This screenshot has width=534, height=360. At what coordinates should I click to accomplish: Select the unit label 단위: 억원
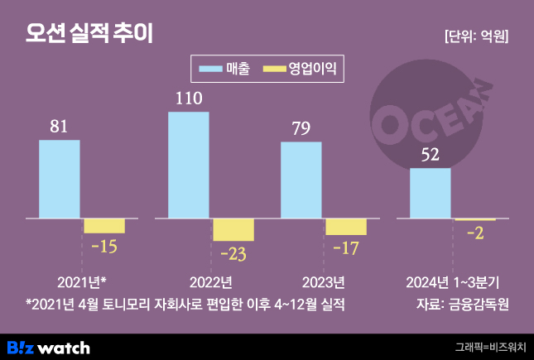tap(477, 36)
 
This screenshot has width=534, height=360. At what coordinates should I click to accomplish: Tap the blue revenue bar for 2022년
tap(189, 166)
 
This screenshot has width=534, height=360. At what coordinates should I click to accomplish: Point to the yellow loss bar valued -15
tap(104, 226)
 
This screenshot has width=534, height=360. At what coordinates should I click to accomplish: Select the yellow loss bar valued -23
tap(233, 230)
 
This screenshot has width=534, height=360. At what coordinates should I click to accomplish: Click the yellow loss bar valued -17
tap(346, 227)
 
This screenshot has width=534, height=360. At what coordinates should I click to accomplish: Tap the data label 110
tap(189, 98)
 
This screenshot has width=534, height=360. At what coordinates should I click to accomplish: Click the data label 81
tap(59, 127)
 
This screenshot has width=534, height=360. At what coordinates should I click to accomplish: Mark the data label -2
tap(475, 234)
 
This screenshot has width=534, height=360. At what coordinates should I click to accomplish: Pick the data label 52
tap(431, 155)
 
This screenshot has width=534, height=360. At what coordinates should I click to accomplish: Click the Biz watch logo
tap(48, 347)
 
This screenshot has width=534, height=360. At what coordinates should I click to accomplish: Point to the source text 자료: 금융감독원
tap(462, 304)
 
